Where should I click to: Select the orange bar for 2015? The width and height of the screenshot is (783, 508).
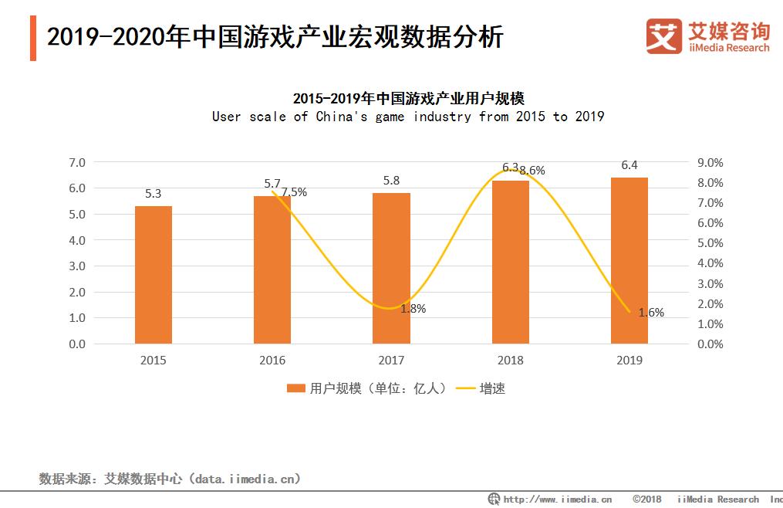coord(153,275)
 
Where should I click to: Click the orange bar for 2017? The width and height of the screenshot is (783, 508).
coord(391,268)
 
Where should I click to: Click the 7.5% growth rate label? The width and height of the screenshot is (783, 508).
coord(294,192)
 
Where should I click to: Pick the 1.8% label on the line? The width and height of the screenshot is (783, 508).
coord(413,308)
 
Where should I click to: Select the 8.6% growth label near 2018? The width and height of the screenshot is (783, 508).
coord(532,171)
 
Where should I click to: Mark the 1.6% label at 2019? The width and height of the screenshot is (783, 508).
coord(651,313)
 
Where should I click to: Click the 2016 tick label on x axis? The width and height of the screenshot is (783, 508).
coord(272,361)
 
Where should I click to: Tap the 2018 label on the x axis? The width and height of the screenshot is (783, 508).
coord(511,361)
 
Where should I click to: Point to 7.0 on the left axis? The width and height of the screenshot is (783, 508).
coord(76,162)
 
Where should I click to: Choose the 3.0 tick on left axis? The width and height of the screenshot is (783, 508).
coord(76,266)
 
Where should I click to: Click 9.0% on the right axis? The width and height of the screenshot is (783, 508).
coord(710,162)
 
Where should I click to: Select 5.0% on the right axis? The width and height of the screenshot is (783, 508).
coord(710,243)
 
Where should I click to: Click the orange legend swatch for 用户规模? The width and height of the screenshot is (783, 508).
coord(296,389)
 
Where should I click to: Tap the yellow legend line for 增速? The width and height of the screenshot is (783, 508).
coord(465,389)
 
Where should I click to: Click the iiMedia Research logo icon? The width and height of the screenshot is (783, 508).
coord(663,36)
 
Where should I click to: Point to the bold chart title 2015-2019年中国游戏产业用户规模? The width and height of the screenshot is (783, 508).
coord(408,98)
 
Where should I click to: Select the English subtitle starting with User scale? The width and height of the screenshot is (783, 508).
coord(408,117)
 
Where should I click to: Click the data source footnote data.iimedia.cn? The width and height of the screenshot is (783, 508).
coord(170,479)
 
